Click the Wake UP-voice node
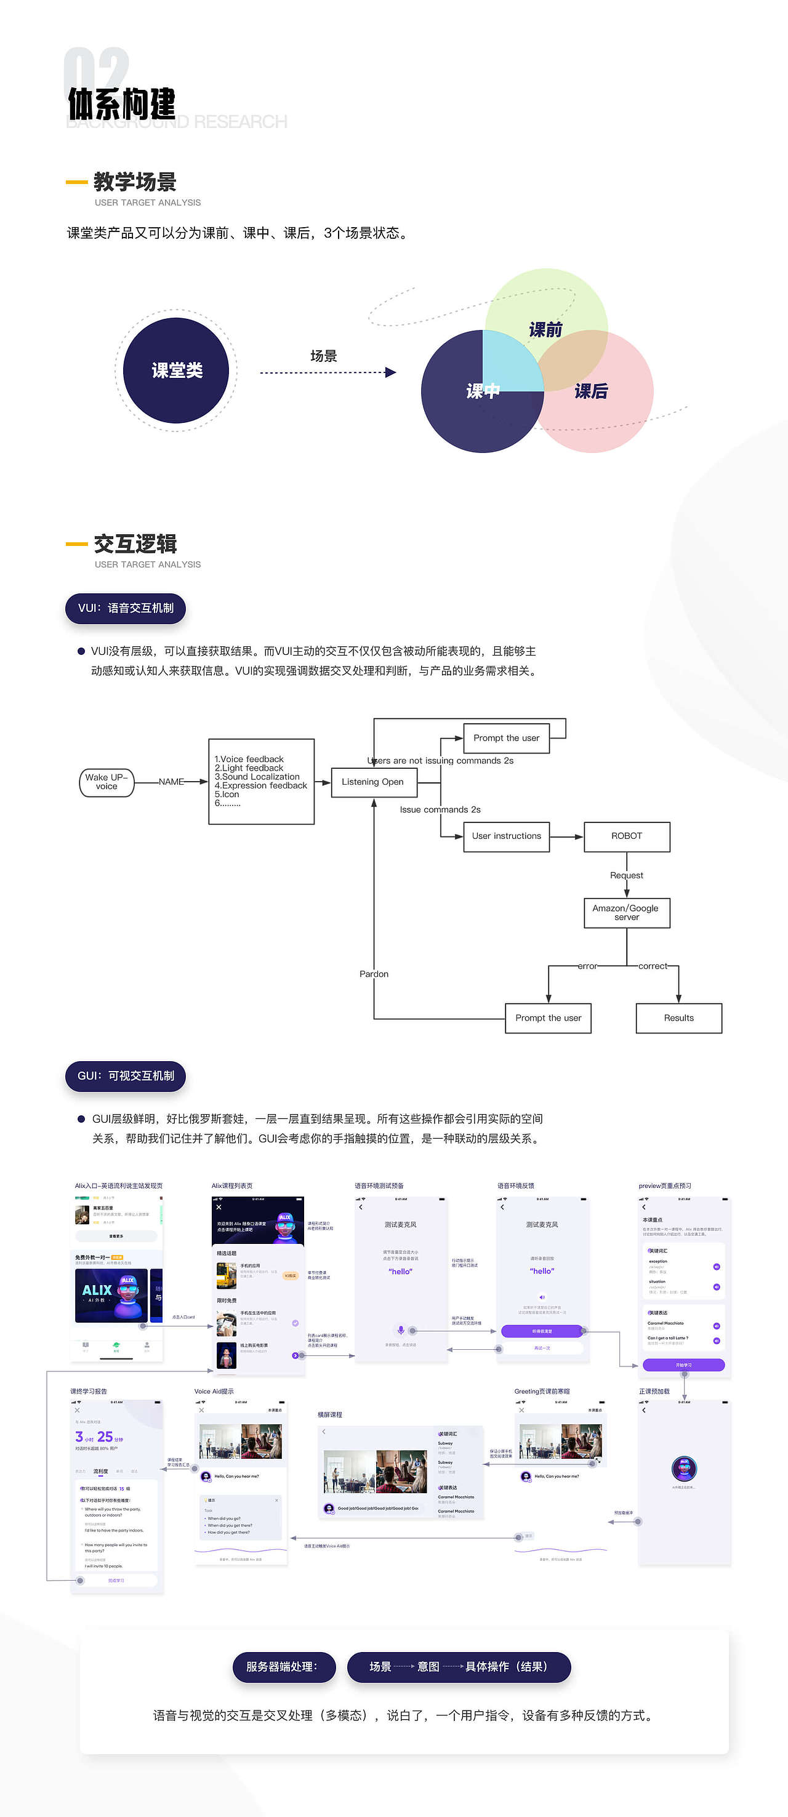(107, 782)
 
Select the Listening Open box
(373, 782)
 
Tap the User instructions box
(506, 836)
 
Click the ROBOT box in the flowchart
(627, 836)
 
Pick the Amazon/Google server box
(627, 912)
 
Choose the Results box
(678, 1018)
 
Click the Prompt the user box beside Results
(548, 1018)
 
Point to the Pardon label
(374, 974)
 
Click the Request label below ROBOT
(627, 875)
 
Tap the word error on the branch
(587, 966)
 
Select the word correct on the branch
(653, 966)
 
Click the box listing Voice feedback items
(261, 781)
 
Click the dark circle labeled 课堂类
(176, 371)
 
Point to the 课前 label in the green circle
(545, 330)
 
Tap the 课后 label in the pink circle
(591, 391)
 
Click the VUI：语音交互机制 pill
(126, 608)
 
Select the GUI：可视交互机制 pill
(126, 1076)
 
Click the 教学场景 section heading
(135, 182)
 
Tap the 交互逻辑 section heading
(135, 544)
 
